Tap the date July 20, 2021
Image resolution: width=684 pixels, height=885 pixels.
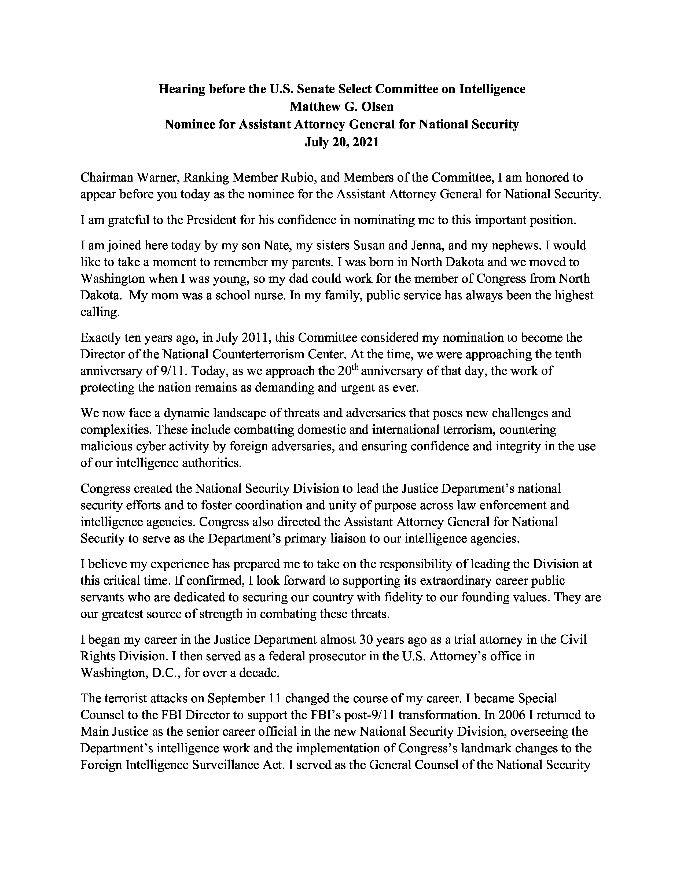(341, 143)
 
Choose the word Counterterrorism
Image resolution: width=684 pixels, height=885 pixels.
(259, 355)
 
